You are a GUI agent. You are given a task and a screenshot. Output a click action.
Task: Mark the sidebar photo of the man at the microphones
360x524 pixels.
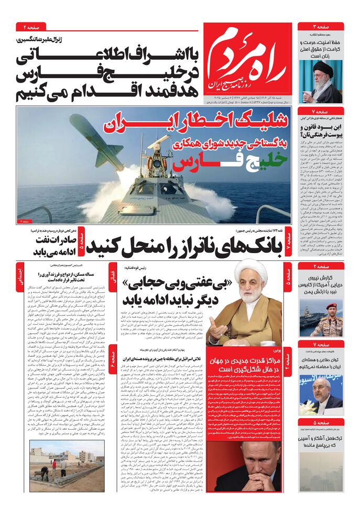point(321,390)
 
